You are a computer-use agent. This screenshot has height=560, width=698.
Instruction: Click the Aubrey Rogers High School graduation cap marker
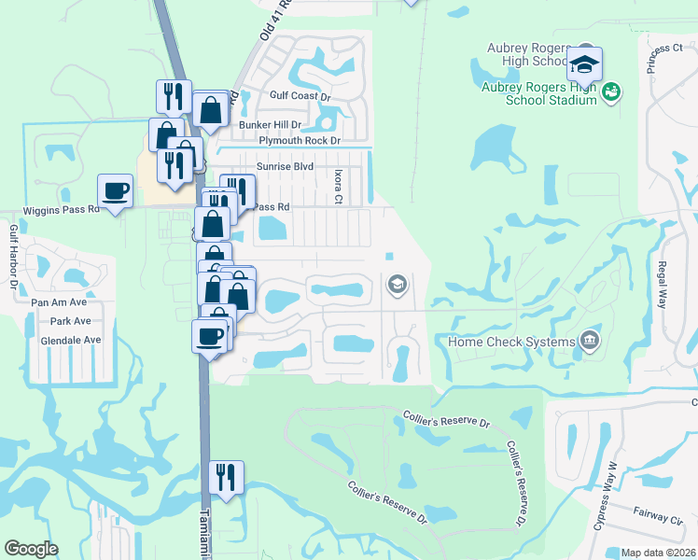tap(585, 63)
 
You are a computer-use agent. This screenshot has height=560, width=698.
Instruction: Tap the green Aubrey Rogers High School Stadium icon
tap(612, 91)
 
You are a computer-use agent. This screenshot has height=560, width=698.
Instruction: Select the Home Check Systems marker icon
tap(589, 342)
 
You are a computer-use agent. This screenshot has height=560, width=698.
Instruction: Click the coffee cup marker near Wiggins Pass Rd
tap(115, 190)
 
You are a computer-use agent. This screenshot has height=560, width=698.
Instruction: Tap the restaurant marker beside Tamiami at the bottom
tap(226, 477)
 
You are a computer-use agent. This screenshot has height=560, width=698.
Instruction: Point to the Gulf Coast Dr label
tap(300, 95)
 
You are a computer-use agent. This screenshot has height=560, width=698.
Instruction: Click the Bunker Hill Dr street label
tap(271, 124)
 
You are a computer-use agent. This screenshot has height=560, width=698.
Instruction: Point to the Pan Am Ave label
tap(59, 302)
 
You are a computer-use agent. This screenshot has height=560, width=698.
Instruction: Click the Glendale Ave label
tap(70, 341)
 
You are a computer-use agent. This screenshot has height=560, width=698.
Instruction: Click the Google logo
tap(31, 549)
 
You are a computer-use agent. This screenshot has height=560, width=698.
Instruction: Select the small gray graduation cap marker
tap(397, 283)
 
